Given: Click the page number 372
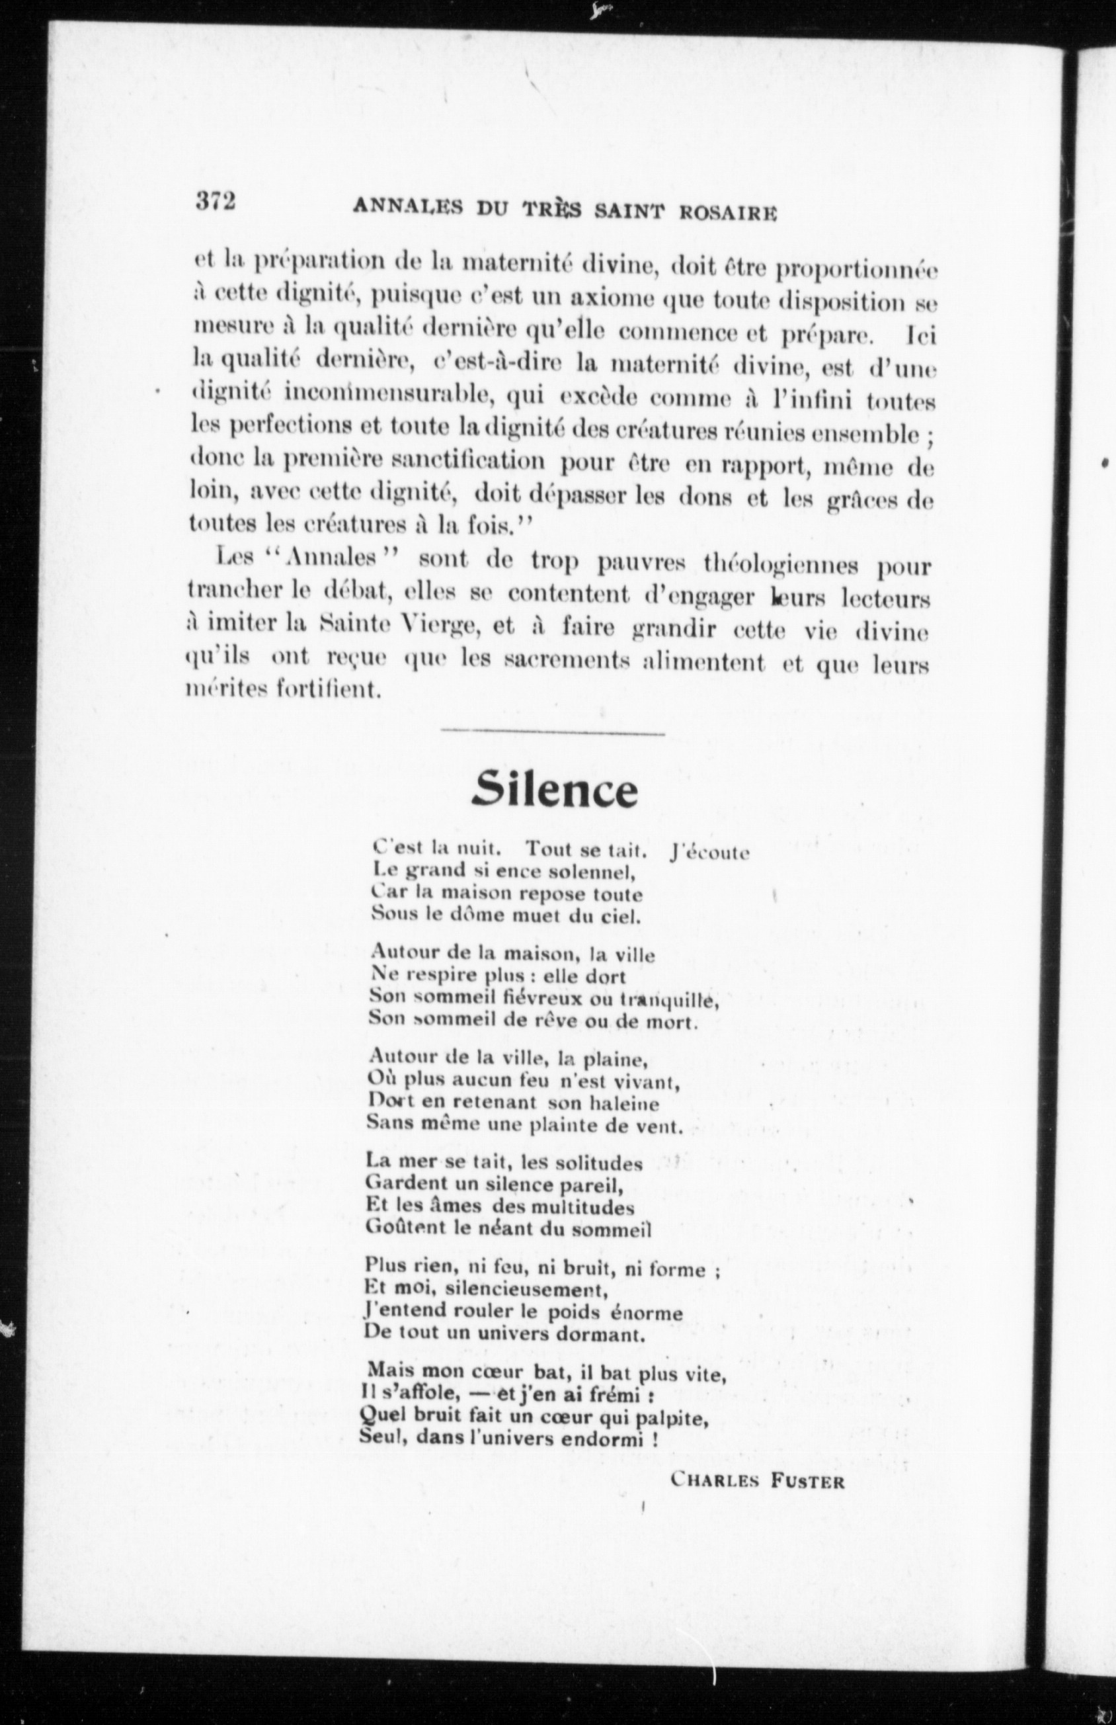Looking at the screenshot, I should (x=216, y=201).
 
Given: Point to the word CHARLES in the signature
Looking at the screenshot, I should (x=715, y=1478).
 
